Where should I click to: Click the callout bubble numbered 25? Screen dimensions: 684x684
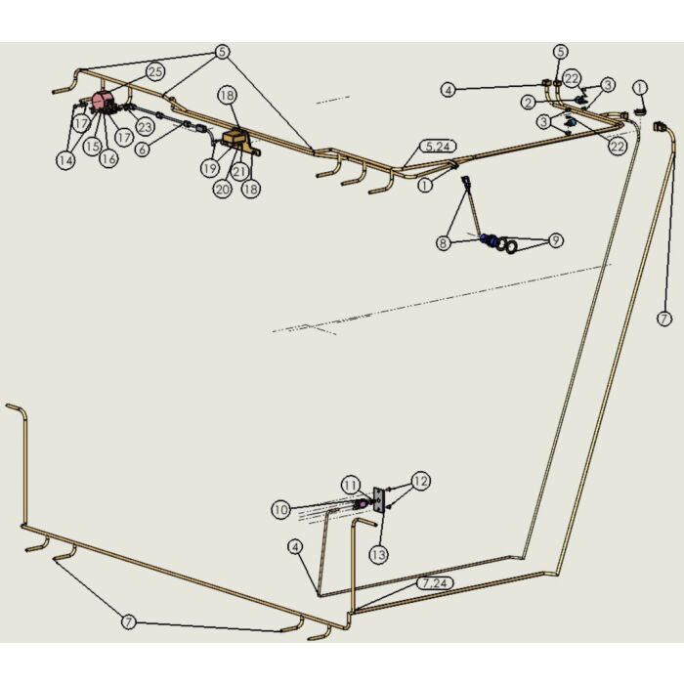pyautogui.click(x=155, y=72)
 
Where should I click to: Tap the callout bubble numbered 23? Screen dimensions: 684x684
pyautogui.click(x=145, y=127)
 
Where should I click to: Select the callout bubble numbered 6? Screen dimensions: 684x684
pyautogui.click(x=143, y=150)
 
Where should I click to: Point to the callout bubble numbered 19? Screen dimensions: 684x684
pyautogui.click(x=210, y=168)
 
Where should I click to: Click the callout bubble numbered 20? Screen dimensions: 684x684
pyautogui.click(x=223, y=190)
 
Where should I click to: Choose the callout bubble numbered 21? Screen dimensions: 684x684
pyautogui.click(x=239, y=171)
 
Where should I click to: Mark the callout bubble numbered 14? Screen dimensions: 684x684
pyautogui.click(x=65, y=160)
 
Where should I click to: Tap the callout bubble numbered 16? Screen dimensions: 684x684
pyautogui.click(x=108, y=158)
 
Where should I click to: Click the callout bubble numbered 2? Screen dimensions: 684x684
pyautogui.click(x=529, y=103)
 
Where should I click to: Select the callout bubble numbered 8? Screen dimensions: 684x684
pyautogui.click(x=444, y=242)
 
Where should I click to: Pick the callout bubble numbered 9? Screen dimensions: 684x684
pyautogui.click(x=555, y=240)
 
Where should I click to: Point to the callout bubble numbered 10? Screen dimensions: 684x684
pyautogui.click(x=280, y=509)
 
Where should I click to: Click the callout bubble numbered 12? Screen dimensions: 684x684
pyautogui.click(x=420, y=481)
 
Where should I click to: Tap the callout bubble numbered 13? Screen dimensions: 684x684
pyautogui.click(x=378, y=555)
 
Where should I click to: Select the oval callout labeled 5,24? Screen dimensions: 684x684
pyautogui.click(x=438, y=147)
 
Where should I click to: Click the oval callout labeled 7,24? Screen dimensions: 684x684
pyautogui.click(x=436, y=583)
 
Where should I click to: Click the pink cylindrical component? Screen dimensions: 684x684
pyautogui.click(x=102, y=102)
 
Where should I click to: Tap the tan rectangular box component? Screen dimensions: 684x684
pyautogui.click(x=234, y=138)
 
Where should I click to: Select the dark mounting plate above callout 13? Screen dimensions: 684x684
pyautogui.click(x=379, y=500)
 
